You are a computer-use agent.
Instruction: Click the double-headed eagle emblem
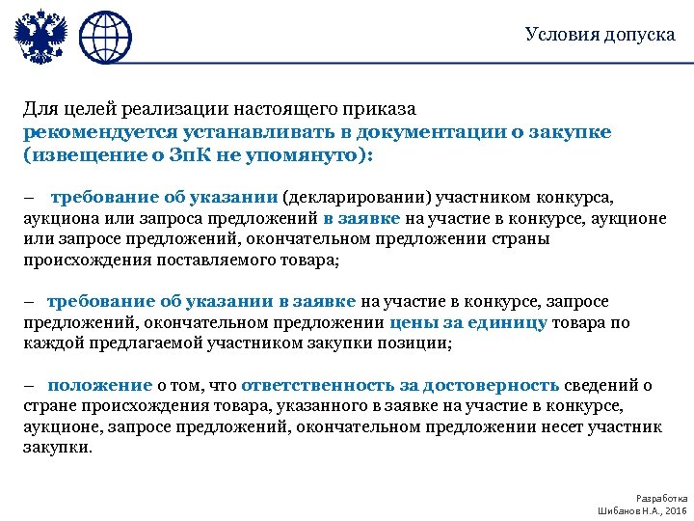40,36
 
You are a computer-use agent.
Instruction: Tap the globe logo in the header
104,36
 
